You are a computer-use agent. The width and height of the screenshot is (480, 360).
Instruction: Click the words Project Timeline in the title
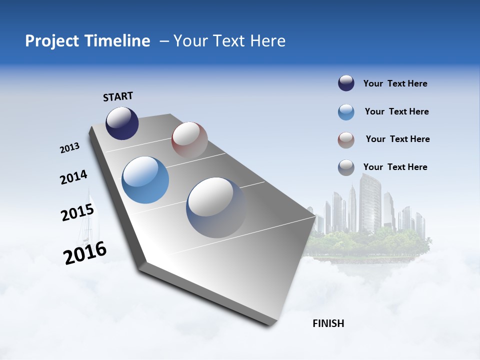click(87, 41)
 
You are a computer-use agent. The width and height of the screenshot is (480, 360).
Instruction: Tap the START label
click(118, 96)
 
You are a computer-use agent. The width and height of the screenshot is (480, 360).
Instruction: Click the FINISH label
click(328, 323)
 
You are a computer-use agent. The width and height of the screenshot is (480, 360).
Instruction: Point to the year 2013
click(69, 148)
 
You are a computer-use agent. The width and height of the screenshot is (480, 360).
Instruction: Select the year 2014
click(73, 177)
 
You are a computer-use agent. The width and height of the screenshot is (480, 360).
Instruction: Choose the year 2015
click(77, 212)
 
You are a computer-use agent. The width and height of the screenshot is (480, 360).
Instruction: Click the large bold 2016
click(85, 253)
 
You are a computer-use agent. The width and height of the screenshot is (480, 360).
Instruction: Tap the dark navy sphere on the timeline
click(122, 123)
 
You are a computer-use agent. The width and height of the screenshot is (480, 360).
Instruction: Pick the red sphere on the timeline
click(189, 139)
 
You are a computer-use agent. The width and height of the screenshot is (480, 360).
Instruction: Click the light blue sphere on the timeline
click(145, 180)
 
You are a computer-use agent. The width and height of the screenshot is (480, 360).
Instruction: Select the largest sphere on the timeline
click(216, 207)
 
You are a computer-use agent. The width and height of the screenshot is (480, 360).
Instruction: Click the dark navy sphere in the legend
click(346, 83)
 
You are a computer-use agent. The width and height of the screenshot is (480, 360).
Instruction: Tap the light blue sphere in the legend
click(346, 112)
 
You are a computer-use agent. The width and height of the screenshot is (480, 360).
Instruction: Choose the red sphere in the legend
click(346, 140)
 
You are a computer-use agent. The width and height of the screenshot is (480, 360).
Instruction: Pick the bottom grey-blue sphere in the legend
click(346, 167)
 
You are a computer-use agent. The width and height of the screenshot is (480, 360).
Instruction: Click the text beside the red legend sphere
click(397, 139)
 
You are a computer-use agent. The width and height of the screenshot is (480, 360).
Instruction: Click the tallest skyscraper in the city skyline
click(369, 202)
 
